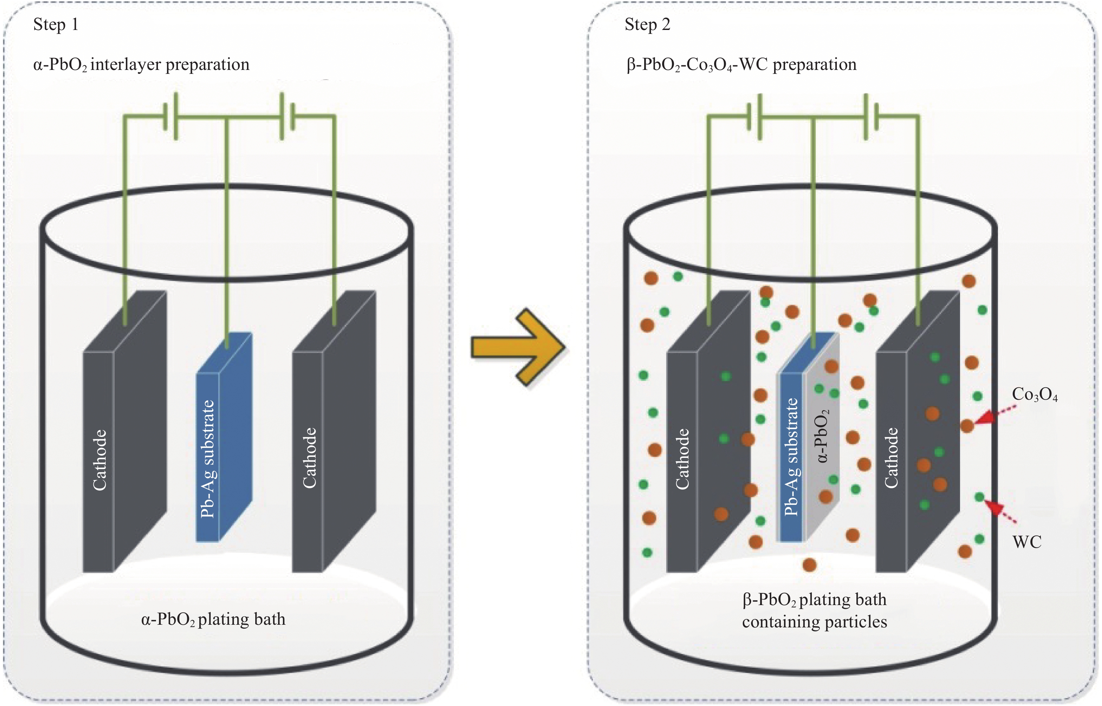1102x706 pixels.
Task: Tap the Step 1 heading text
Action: pyautogui.click(x=56, y=24)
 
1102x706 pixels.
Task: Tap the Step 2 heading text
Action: pyautogui.click(x=647, y=24)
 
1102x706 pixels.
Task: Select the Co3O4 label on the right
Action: pyautogui.click(x=1034, y=395)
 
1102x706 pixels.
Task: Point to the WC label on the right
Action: pyautogui.click(x=1027, y=542)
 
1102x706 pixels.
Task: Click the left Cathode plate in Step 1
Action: pyautogui.click(x=124, y=440)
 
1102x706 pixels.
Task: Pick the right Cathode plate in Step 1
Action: pyautogui.click(x=334, y=440)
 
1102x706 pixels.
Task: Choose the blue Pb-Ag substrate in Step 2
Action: pyautogui.click(x=791, y=459)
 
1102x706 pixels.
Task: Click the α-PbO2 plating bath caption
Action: pyautogui.click(x=213, y=620)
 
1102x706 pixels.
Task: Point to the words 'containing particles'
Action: pyautogui.click(x=814, y=622)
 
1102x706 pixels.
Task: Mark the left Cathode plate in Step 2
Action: pyautogui.click(x=707, y=440)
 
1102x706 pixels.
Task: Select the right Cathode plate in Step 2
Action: pyautogui.click(x=917, y=440)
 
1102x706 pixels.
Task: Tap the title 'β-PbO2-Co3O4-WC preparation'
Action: pyautogui.click(x=741, y=65)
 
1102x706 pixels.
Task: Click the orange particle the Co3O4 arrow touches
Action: pyautogui.click(x=967, y=426)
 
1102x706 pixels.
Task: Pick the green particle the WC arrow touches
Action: pyautogui.click(x=979, y=497)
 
